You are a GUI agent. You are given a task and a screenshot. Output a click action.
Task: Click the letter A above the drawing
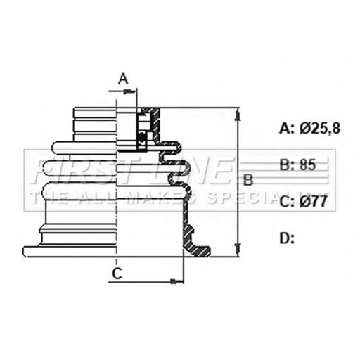click(x=123, y=79)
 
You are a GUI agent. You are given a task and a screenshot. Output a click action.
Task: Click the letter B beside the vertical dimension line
click(x=248, y=180)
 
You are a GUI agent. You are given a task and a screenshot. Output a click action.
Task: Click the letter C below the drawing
click(x=117, y=274)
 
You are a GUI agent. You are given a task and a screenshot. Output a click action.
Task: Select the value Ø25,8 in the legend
click(x=320, y=128)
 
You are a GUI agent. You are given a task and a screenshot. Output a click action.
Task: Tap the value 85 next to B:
click(x=307, y=165)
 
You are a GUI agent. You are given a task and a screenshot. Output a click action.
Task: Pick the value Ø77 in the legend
click(x=313, y=201)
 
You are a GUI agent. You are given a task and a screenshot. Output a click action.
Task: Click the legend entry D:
click(x=287, y=238)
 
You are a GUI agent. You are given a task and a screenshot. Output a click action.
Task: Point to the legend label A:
click(x=287, y=128)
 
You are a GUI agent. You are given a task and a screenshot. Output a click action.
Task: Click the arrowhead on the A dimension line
click(x=130, y=91)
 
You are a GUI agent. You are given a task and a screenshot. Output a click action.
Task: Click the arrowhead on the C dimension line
click(x=177, y=281)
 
